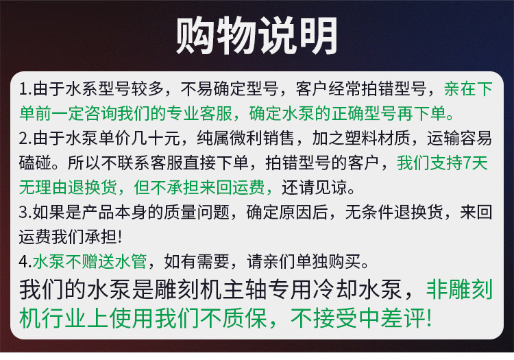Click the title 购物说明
click(x=257, y=36)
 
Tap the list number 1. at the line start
click(x=25, y=89)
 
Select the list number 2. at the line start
click(x=25, y=139)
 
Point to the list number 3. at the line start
click(x=25, y=212)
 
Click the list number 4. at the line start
click(x=25, y=262)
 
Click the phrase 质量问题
click(x=197, y=212)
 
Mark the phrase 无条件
click(x=369, y=212)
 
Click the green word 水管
click(x=131, y=262)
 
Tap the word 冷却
click(x=335, y=290)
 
